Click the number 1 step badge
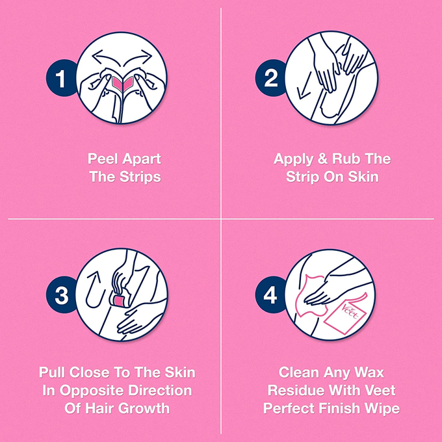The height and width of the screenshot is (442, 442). pyautogui.click(x=60, y=78)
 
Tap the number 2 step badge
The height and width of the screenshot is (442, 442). pyautogui.click(x=270, y=78)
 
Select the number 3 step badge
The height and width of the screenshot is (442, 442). pyautogui.click(x=61, y=294)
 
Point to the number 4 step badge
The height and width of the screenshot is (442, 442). pyautogui.click(x=270, y=294)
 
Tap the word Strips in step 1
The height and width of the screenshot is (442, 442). pyautogui.click(x=140, y=177)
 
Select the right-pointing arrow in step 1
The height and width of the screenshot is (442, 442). pyautogui.click(x=138, y=58)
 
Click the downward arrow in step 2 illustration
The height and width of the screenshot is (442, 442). pyautogui.click(x=304, y=86)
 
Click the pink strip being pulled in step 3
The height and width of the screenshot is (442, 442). pyautogui.click(x=120, y=300)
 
